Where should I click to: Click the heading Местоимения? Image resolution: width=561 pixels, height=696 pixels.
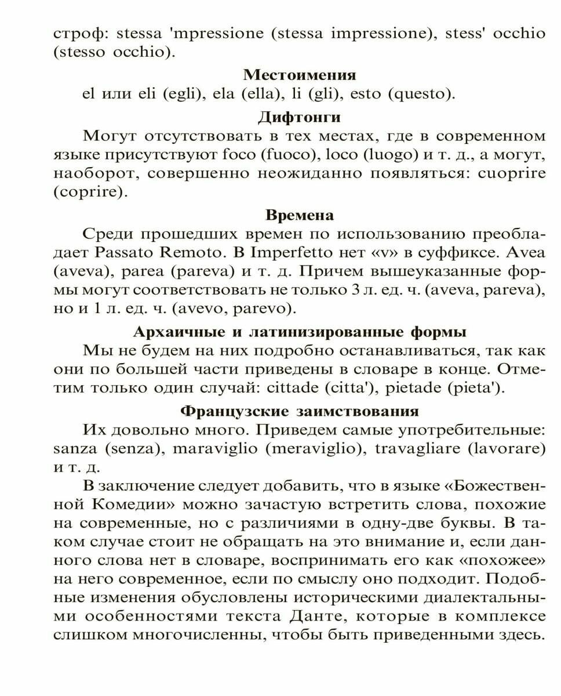point(299,75)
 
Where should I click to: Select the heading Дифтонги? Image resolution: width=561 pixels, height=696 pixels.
point(299,117)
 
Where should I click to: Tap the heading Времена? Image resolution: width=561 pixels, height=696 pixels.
point(299,215)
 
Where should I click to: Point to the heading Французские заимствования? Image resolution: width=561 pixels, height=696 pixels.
point(299,411)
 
